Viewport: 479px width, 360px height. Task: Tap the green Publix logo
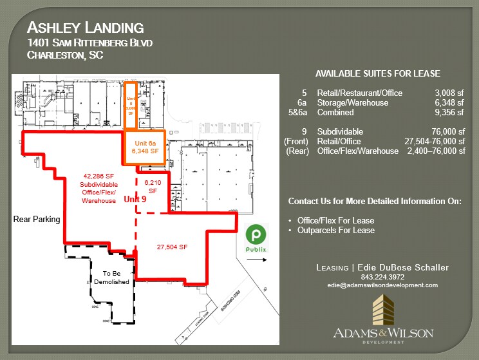point(257,235)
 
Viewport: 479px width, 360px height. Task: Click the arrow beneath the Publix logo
point(258,260)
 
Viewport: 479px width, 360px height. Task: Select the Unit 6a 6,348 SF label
point(145,147)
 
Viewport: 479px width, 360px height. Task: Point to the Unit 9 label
point(135,200)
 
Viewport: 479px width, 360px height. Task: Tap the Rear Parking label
point(37,220)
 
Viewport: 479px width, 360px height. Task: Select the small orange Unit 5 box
point(130,103)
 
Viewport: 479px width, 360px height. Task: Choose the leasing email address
point(382,285)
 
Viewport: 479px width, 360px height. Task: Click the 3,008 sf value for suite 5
point(449,93)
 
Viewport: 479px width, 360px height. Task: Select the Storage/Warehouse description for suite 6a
point(352,103)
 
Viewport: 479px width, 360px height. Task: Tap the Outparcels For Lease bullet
point(335,231)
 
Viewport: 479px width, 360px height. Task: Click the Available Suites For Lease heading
point(378,73)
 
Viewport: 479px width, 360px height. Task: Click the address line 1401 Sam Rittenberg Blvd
point(90,43)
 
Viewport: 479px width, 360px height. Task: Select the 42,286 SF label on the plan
point(99,175)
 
